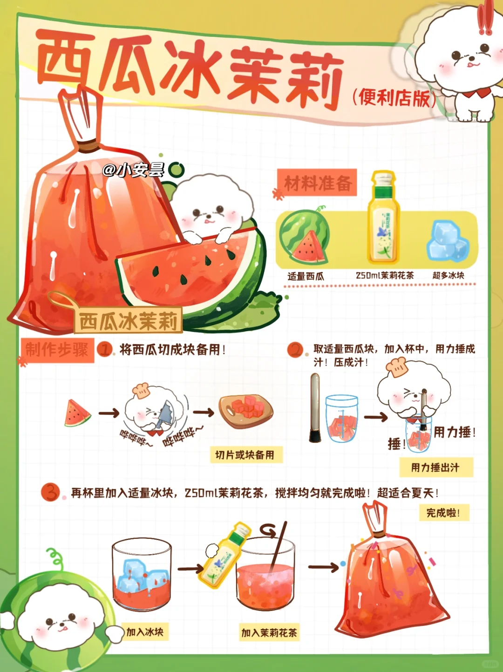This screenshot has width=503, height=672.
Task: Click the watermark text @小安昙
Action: (x=134, y=170)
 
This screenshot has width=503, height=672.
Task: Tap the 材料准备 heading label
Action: (x=317, y=183)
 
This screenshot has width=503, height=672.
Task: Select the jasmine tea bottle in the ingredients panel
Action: (x=384, y=217)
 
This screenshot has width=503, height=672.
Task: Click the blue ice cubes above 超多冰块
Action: (x=448, y=242)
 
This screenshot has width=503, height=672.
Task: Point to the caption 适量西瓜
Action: (x=306, y=277)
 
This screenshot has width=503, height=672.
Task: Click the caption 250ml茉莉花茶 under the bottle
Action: (x=385, y=276)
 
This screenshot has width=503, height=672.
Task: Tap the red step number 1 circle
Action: (x=104, y=349)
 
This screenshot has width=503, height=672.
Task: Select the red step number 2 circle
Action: (x=295, y=350)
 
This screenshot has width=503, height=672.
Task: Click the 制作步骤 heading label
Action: (x=57, y=350)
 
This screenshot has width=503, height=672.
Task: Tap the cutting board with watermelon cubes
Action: (x=246, y=411)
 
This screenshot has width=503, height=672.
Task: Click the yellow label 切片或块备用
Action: (x=246, y=455)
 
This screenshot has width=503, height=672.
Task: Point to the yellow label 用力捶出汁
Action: (x=436, y=468)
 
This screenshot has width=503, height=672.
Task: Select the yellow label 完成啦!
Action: (x=444, y=512)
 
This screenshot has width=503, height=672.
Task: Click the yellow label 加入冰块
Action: (x=145, y=631)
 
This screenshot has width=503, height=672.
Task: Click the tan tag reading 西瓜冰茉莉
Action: (x=129, y=321)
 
